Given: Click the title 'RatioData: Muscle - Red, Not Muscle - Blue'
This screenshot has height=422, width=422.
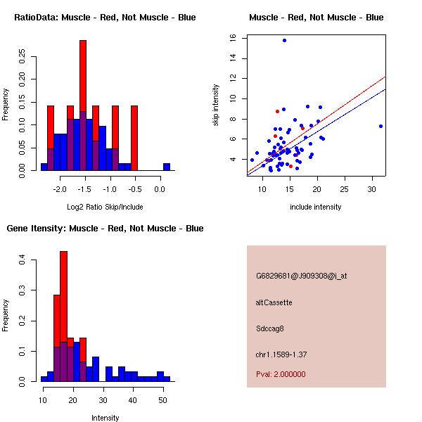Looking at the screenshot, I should (x=105, y=18).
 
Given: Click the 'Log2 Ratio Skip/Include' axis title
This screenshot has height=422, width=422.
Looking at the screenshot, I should (x=105, y=207).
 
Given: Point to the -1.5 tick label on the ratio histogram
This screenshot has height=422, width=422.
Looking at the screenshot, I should (x=84, y=189).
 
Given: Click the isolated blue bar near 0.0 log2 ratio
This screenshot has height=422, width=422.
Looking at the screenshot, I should (x=167, y=167).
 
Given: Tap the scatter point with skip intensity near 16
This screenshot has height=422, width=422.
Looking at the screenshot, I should (x=284, y=40).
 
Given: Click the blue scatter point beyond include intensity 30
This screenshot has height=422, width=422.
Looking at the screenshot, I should (x=381, y=127).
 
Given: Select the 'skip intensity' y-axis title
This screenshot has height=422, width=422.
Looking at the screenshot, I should (x=217, y=105).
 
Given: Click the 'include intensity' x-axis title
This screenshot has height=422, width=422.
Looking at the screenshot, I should (x=316, y=207).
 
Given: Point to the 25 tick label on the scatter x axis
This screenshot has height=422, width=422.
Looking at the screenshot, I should (x=344, y=189).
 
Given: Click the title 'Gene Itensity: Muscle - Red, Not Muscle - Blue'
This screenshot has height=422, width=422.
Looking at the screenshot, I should (x=105, y=229).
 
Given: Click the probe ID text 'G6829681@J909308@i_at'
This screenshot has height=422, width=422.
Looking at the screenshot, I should (x=302, y=276).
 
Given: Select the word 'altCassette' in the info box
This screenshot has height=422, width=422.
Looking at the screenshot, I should (x=274, y=302).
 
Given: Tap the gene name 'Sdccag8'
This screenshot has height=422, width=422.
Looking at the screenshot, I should (x=271, y=328).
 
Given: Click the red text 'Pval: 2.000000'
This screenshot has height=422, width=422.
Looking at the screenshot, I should (x=281, y=374).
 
